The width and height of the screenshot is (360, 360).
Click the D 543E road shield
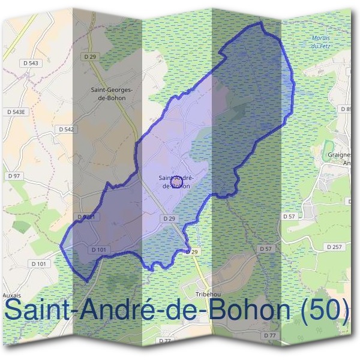click(x=16, y=112)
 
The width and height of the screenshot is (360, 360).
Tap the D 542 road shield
click(x=66, y=129)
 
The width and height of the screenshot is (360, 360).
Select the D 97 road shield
click(x=13, y=175)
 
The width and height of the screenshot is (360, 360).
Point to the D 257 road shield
click(x=334, y=247)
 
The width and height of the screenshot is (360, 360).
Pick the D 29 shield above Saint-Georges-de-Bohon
click(x=91, y=56)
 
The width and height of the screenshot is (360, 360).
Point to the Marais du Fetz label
click(x=321, y=41)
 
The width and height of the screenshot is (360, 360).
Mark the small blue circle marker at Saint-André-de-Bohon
click(x=177, y=178)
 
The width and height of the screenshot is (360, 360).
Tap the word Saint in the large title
click(x=42, y=310)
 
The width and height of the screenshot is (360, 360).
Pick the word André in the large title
click(x=127, y=310)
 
